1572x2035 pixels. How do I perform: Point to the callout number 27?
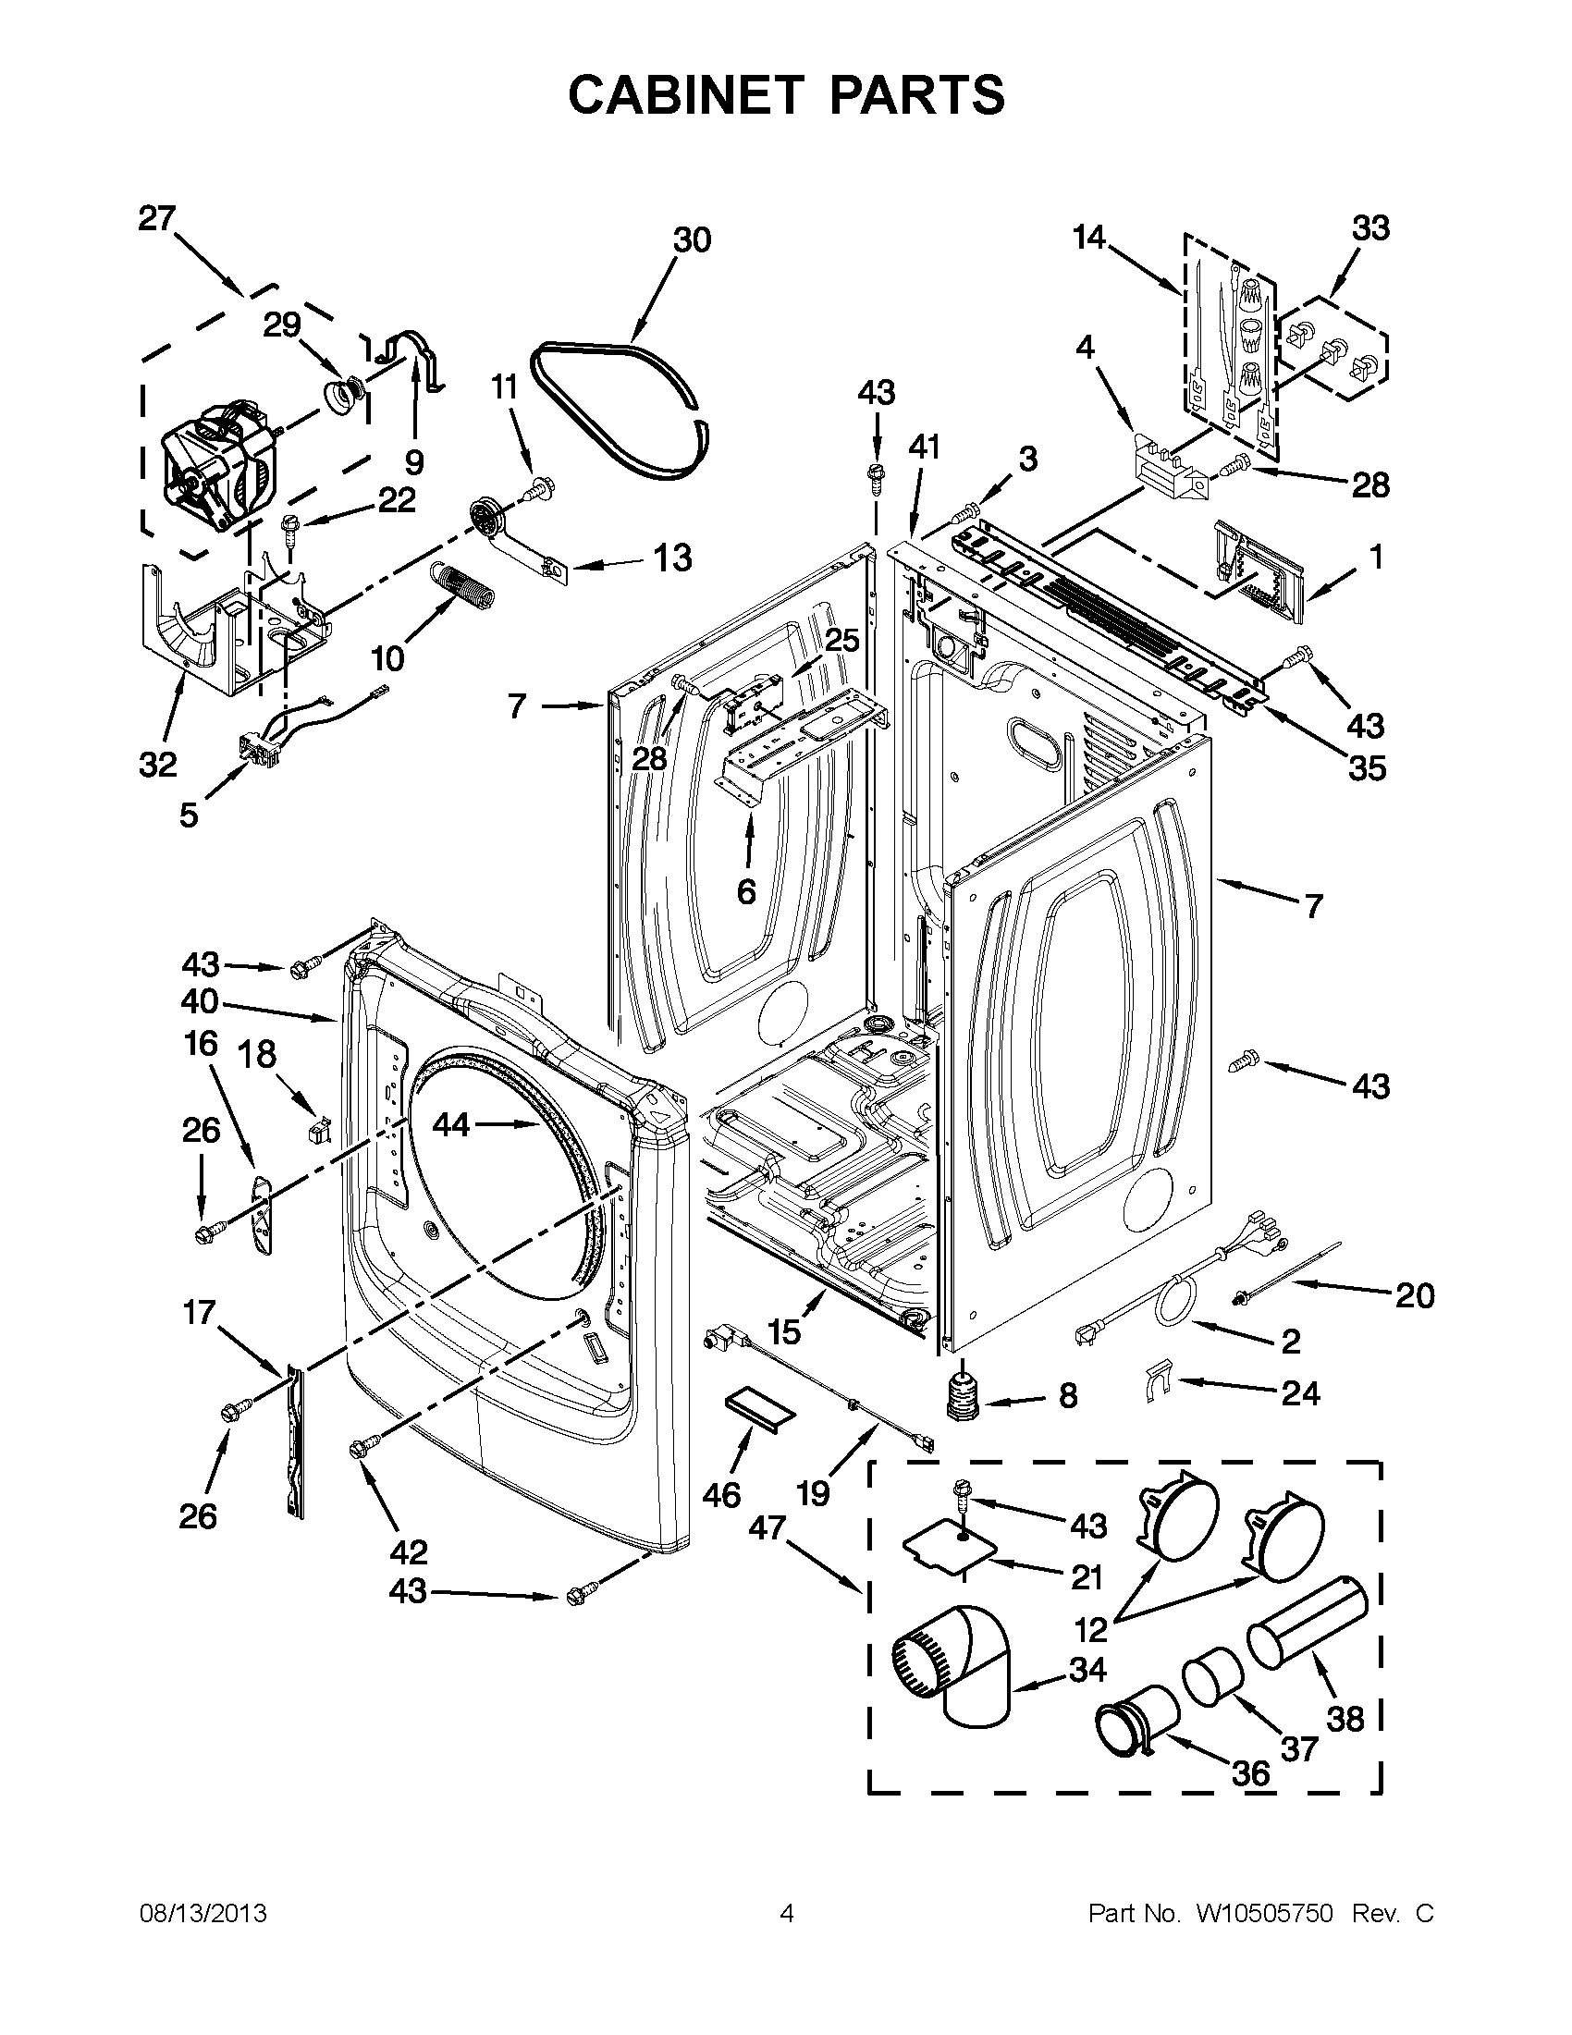[x=156, y=219]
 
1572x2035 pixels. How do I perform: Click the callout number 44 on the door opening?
[x=451, y=1125]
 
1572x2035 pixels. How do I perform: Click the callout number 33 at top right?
[x=1370, y=227]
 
